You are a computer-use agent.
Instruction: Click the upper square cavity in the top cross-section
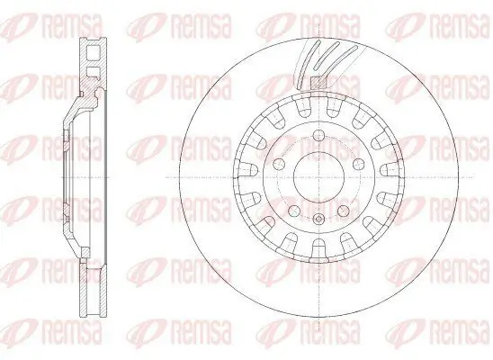[91, 53]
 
